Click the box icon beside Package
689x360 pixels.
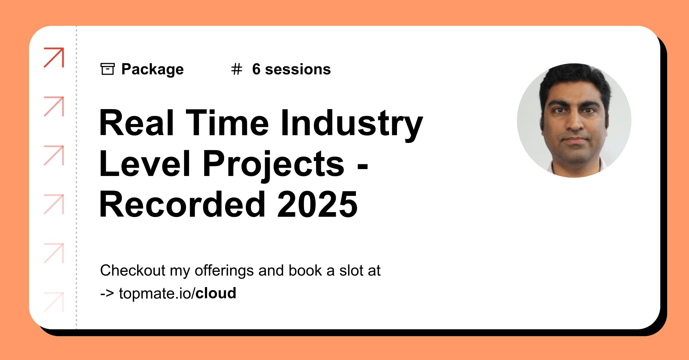pyautogui.click(x=107, y=69)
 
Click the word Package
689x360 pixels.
pyautogui.click(x=152, y=69)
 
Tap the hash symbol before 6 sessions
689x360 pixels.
pyautogui.click(x=237, y=69)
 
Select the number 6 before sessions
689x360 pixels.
pyautogui.click(x=256, y=69)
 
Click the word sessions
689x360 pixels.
pyautogui.click(x=298, y=69)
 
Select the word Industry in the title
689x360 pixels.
pyautogui.click(x=351, y=123)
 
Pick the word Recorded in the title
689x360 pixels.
pyautogui.click(x=182, y=204)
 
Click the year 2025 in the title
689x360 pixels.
pyautogui.click(x=317, y=204)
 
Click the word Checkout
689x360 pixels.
pyautogui.click(x=133, y=270)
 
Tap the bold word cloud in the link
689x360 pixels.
pyautogui.click(x=216, y=293)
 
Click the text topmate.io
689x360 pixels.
pyautogui.click(x=155, y=293)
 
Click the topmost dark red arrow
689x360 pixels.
pyautogui.click(x=54, y=57)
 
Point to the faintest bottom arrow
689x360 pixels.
pyautogui.click(x=54, y=302)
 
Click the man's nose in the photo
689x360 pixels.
pyautogui.click(x=575, y=122)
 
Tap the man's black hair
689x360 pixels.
pyautogui.click(x=574, y=78)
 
